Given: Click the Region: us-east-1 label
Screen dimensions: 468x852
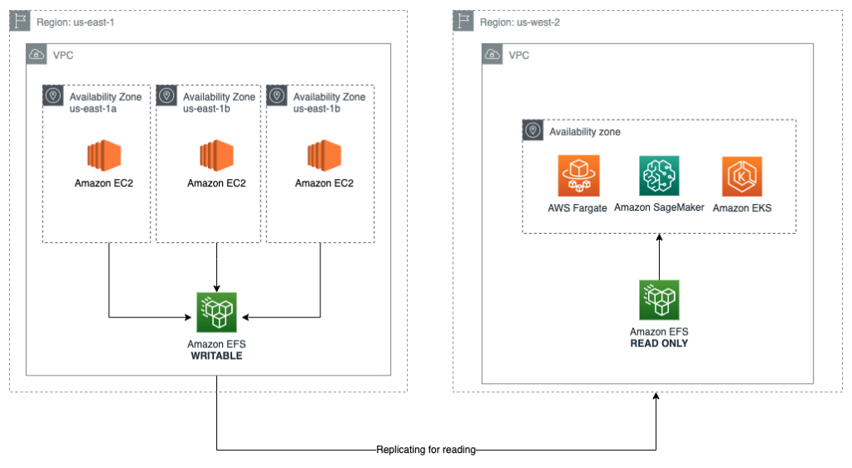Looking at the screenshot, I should tap(75, 22).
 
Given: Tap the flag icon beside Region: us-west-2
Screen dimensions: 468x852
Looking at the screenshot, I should tap(463, 21).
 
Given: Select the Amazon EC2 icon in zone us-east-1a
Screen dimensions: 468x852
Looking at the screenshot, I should tap(104, 155).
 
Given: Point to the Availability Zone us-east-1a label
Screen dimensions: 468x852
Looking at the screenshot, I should tap(105, 103).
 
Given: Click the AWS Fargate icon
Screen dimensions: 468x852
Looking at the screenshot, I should tap(578, 177).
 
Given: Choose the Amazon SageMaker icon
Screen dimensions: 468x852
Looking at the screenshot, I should tap(659, 177).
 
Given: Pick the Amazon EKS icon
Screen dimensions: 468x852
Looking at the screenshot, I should tap(742, 177).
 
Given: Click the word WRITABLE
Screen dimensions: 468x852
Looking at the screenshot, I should tap(216, 356).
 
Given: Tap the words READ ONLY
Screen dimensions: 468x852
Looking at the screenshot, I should tap(659, 343).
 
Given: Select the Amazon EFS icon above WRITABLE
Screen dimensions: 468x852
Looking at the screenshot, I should tap(216, 313).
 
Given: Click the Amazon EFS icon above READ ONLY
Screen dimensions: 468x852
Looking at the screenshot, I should tap(659, 300).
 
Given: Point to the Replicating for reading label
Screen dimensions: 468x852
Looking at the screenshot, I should tap(426, 450).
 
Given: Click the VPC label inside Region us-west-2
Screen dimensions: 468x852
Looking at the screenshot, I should tap(518, 56).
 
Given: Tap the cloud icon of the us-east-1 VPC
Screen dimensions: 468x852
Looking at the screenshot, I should tap(37, 55).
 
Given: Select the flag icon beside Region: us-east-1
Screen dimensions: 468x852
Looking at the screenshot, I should tap(20, 22).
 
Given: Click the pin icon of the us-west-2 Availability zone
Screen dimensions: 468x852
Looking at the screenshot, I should tap(532, 131).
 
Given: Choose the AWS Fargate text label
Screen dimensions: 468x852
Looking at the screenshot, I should tap(577, 207).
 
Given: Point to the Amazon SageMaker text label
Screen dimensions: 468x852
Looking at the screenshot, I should tap(659, 207).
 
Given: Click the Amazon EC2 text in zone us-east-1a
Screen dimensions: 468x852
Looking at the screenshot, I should tap(104, 183).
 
